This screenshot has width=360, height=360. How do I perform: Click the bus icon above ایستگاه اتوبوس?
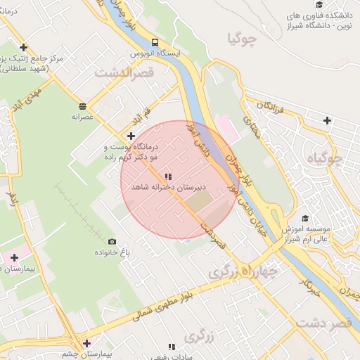click(154, 41)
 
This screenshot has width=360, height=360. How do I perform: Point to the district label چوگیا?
click(243, 39)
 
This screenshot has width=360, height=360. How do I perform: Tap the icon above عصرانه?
click(83, 106)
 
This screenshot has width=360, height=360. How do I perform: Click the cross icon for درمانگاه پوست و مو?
click(131, 135)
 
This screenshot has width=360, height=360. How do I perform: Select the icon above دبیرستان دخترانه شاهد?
click(167, 176)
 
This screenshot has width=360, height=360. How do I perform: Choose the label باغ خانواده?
click(108, 252)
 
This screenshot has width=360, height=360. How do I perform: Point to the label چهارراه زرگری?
click(243, 271)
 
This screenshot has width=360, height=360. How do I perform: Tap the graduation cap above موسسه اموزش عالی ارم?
click(304, 219)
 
